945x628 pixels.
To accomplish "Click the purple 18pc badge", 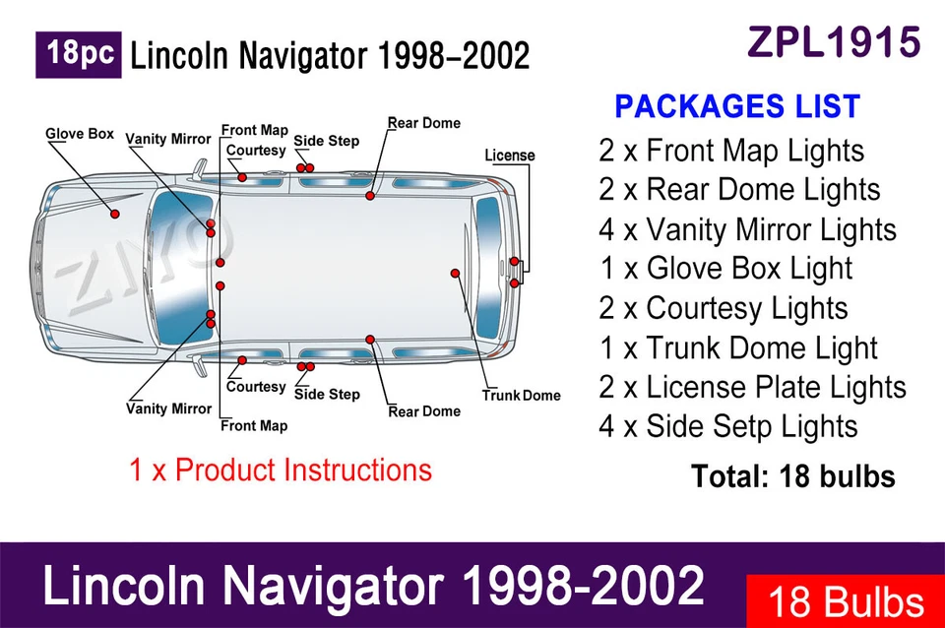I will pyautogui.click(x=79, y=54).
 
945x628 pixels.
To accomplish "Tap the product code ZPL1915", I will pyautogui.click(x=834, y=42).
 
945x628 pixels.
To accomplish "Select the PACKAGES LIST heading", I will pyautogui.click(x=737, y=106).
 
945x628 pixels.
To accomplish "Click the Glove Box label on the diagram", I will pyautogui.click(x=80, y=134).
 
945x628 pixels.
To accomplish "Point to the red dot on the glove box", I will pyautogui.click(x=115, y=214).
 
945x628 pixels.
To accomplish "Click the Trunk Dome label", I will pyautogui.click(x=521, y=396).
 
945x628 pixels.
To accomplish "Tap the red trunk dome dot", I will pyautogui.click(x=455, y=273).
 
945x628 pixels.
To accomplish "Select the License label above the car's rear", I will pyautogui.click(x=510, y=156).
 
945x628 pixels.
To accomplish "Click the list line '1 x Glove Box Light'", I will pyautogui.click(x=725, y=269).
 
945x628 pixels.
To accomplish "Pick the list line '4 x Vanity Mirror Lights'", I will pyautogui.click(x=747, y=229).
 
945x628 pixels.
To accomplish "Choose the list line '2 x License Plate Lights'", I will pyautogui.click(x=752, y=387).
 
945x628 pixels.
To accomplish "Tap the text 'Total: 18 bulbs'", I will pyautogui.click(x=792, y=476).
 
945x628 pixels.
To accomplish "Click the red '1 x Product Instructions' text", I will pyautogui.click(x=281, y=470).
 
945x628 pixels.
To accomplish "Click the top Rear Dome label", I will pyautogui.click(x=423, y=123).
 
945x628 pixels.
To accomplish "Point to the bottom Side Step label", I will pyautogui.click(x=327, y=394).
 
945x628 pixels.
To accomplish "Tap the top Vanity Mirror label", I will pyautogui.click(x=168, y=139).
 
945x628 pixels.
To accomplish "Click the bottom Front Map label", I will pyautogui.click(x=254, y=425).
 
